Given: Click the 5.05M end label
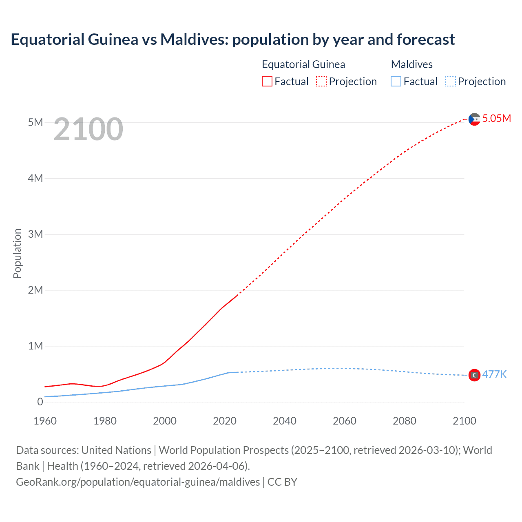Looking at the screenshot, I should (x=496, y=118).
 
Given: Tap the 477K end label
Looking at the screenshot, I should (x=494, y=374).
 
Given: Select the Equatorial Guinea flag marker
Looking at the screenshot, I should (x=474, y=119).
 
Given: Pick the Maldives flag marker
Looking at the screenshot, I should (x=474, y=375).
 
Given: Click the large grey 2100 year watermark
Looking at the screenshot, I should (x=88, y=129).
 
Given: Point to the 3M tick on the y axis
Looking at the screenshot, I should (x=35, y=234).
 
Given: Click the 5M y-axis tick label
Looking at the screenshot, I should (x=35, y=122).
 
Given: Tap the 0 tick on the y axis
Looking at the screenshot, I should (x=40, y=402).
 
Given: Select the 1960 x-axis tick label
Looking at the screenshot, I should (x=45, y=421).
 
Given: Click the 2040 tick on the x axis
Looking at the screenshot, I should (x=285, y=421).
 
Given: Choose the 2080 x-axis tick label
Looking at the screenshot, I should (x=405, y=421).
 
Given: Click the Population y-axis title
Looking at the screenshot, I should (x=17, y=253).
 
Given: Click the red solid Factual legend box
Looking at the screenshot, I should (x=267, y=81).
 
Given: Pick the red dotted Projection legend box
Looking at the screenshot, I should (x=321, y=81).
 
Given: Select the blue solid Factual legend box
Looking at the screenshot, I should (x=396, y=81).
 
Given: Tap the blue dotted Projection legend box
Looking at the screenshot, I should (x=451, y=81).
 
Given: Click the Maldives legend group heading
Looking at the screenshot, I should (x=411, y=64).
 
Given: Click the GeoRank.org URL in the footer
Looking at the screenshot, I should (x=138, y=482).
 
